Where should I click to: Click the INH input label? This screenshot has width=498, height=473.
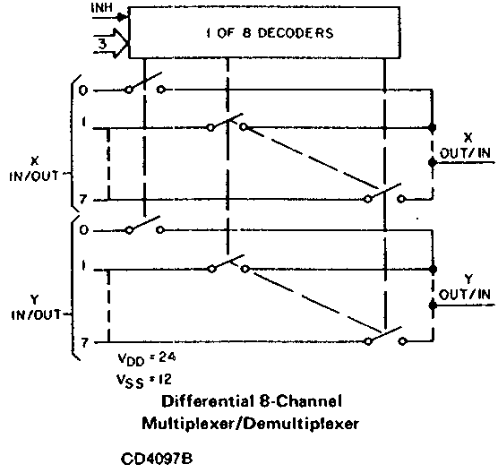coord(101,8)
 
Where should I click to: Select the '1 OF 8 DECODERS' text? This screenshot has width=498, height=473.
coord(270,33)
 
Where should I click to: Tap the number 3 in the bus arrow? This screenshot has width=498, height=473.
coord(103,44)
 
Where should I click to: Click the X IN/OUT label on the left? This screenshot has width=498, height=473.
coord(34,168)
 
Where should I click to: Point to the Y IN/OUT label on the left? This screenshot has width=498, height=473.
coord(36,307)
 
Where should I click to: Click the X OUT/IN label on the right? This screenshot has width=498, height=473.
coord(465,146)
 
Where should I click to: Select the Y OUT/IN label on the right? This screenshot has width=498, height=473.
coord(465,288)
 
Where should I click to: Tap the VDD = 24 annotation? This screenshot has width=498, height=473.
coord(146,359)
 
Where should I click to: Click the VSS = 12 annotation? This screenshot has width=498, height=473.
coord(144,380)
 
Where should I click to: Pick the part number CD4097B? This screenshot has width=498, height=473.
coord(157,459)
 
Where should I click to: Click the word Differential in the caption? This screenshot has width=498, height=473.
coord(209,401)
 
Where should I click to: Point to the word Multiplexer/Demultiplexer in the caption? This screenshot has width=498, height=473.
coord(250,424)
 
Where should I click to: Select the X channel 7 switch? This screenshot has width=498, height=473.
coord(384,193)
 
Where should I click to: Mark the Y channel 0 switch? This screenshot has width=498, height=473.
coord(144,225)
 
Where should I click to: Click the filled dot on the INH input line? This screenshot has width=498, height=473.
coord(120,18)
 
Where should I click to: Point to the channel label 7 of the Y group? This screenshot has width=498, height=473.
coord(83,343)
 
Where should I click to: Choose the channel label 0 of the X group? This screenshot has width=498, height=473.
coord(83,90)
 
